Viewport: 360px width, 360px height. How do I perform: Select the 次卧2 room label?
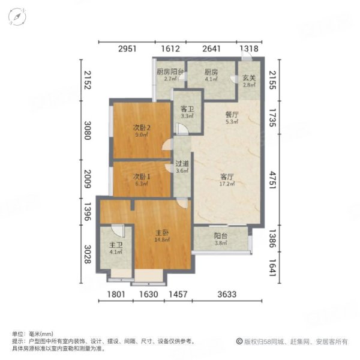click(x=141, y=127)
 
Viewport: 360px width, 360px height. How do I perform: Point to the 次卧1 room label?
click(x=140, y=177)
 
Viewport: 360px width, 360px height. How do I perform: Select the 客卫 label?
click(x=187, y=109)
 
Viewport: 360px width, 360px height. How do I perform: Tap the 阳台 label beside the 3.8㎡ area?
click(x=220, y=236)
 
